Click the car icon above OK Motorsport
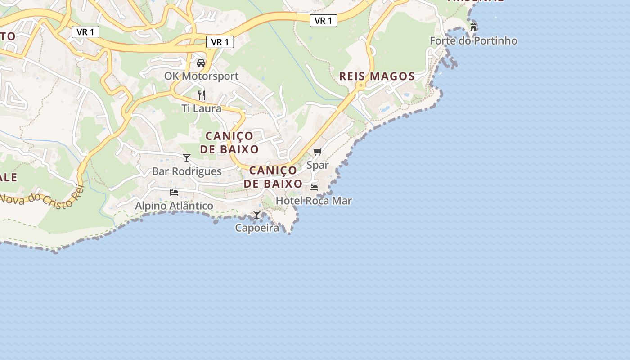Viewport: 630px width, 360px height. point(201,63)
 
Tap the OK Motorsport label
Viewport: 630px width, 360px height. point(201,76)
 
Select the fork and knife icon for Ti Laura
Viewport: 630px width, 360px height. point(202,95)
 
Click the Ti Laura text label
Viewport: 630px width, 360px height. point(202,108)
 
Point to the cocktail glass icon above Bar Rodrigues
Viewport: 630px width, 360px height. point(187,157)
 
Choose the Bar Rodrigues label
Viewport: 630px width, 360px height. point(187,171)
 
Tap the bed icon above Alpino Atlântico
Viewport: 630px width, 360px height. point(174,192)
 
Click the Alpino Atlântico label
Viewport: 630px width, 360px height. point(174,206)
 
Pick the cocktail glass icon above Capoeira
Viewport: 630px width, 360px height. point(257,215)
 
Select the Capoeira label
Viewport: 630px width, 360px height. point(257,228)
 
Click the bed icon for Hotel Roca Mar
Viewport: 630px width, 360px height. point(314,187)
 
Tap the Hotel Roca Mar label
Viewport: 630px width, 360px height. point(314,201)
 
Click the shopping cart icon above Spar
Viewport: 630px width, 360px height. point(318,152)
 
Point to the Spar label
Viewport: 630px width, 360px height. point(318,165)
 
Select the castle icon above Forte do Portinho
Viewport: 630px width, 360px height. point(473,27)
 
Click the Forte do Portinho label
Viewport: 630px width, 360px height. point(473,40)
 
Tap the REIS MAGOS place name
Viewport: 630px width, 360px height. point(377,76)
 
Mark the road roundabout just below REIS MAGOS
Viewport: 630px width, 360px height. point(360,85)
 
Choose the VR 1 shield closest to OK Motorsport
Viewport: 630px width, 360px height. point(220,42)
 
